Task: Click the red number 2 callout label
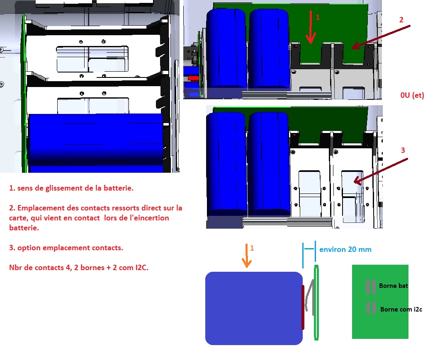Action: pyautogui.click(x=401, y=19)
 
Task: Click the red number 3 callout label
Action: pyautogui.click(x=402, y=150)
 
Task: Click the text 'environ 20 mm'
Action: pyautogui.click(x=345, y=249)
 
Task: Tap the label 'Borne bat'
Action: pyautogui.click(x=394, y=286)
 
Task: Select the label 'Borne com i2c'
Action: pyautogui.click(x=401, y=309)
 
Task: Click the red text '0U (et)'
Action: pyautogui.click(x=412, y=95)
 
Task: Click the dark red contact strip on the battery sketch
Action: pyautogui.click(x=303, y=307)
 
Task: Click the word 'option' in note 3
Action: pyautogui.click(x=28, y=248)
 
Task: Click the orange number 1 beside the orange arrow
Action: pyautogui.click(x=252, y=248)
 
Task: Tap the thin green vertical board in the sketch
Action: pyautogui.click(x=316, y=302)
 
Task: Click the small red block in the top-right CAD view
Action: pyautogui.click(x=192, y=78)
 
